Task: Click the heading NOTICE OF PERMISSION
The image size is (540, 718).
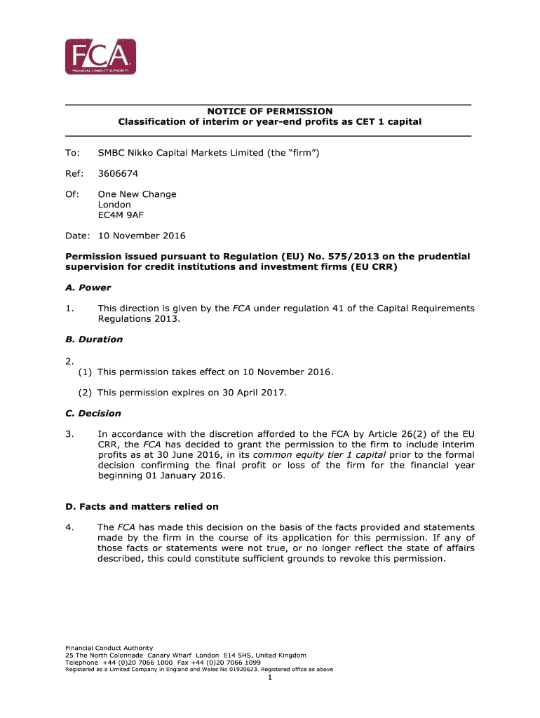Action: (x=269, y=111)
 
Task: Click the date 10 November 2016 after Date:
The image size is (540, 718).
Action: (x=142, y=236)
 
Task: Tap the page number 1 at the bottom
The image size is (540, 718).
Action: (x=270, y=677)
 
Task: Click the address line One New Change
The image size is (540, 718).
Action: (x=137, y=194)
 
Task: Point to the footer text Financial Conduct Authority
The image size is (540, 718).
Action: (x=109, y=647)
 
